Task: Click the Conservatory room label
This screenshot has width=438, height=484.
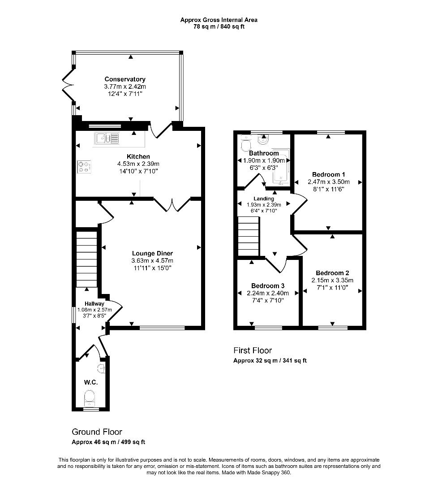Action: [x=125, y=79]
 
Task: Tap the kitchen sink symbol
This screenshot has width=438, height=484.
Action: [x=107, y=139]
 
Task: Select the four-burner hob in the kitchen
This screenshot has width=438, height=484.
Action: [x=83, y=166]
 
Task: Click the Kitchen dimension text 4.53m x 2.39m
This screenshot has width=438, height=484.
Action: [x=138, y=164]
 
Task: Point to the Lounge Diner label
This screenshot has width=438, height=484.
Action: [x=152, y=253]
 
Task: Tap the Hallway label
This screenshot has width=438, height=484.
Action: [x=94, y=304]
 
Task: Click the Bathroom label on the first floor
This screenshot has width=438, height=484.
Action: [x=264, y=153]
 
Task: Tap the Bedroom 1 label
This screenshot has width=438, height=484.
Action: [x=328, y=174]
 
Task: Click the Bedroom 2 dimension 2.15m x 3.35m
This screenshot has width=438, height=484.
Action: [x=332, y=281]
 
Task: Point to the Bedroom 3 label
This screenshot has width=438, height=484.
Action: [x=267, y=285]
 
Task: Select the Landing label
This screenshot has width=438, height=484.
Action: [x=264, y=199]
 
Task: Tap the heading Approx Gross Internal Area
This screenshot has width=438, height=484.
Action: [x=219, y=20]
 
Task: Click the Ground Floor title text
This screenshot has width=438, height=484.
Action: [x=97, y=432]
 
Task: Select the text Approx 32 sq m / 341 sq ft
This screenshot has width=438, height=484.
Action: [x=270, y=361]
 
